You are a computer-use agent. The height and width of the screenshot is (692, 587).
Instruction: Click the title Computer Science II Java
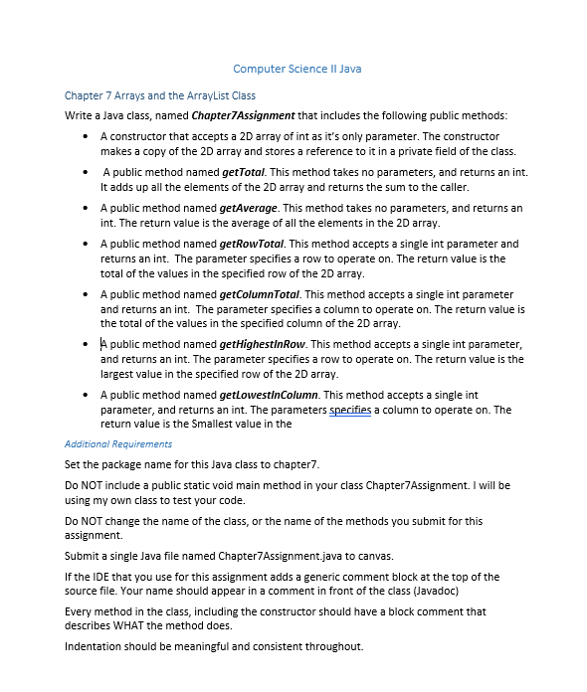tap(296, 69)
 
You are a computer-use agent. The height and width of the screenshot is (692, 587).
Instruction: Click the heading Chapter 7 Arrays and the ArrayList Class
tap(159, 96)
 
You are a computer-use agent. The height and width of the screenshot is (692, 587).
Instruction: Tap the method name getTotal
tap(243, 172)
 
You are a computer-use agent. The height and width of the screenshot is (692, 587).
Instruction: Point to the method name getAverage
tap(249, 209)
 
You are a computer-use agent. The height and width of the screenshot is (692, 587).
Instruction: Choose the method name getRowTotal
tap(251, 244)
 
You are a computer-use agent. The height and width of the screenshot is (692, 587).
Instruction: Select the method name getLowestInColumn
tap(267, 395)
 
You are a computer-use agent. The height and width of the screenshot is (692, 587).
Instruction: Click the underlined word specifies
tap(349, 410)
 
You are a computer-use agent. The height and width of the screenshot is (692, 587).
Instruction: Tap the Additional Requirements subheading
tap(117, 444)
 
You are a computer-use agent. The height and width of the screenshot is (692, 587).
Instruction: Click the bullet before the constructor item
tap(90, 136)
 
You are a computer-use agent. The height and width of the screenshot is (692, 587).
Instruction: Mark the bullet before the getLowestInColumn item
tap(90, 395)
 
